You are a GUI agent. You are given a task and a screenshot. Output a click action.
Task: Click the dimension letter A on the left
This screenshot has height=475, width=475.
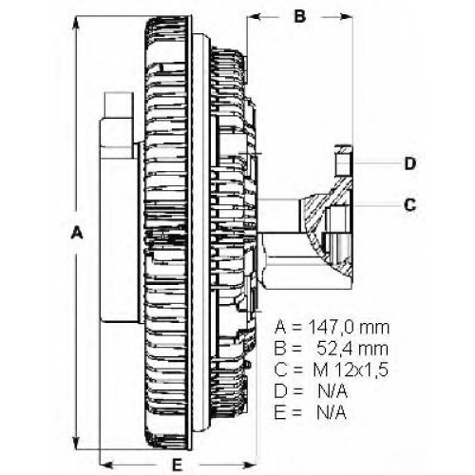[77, 233]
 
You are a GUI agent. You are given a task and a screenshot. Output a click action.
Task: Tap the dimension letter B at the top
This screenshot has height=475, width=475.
[300, 16]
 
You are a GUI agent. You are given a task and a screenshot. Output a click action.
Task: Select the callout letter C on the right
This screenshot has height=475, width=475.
[410, 205]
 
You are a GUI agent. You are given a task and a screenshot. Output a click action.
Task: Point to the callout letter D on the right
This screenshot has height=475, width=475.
[410, 163]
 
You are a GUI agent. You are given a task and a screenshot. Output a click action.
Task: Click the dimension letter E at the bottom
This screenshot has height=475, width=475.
[177, 465]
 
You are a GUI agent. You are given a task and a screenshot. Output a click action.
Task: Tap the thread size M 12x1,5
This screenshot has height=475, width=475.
[351, 370]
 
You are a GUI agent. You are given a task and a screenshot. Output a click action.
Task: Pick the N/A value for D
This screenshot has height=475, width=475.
[332, 391]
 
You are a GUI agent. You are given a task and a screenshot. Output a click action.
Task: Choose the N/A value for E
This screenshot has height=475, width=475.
[332, 413]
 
